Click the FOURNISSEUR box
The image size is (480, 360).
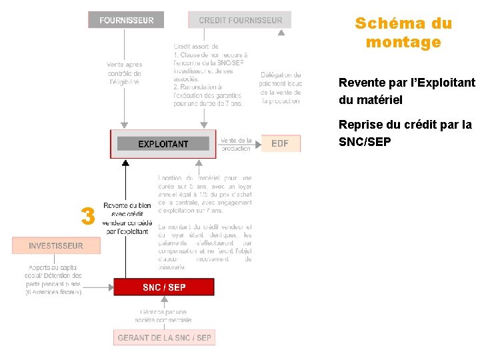[x=126, y=20]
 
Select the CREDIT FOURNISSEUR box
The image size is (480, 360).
[x=240, y=20]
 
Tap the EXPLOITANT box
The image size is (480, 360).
[x=163, y=144]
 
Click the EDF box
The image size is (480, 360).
[x=280, y=143]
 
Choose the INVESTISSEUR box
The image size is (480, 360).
[x=56, y=246]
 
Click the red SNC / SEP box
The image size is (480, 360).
[x=164, y=287]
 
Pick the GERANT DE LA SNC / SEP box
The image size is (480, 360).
[x=164, y=338]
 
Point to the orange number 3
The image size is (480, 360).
[x=87, y=216]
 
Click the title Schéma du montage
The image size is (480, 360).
[x=403, y=33]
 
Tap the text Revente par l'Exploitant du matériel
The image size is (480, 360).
[x=407, y=92]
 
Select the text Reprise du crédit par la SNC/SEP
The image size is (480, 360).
[x=405, y=133]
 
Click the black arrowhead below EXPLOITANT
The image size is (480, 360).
[x=125, y=161]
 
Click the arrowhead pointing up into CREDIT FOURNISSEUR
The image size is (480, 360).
[x=281, y=31]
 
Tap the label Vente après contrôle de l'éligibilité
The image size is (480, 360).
[x=124, y=73]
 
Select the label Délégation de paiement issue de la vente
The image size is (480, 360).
[x=281, y=88]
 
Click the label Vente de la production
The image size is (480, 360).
[x=235, y=144]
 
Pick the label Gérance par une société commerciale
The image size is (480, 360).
[x=163, y=315]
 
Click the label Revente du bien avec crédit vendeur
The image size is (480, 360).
[x=127, y=218]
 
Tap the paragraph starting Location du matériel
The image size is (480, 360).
[x=205, y=194]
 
